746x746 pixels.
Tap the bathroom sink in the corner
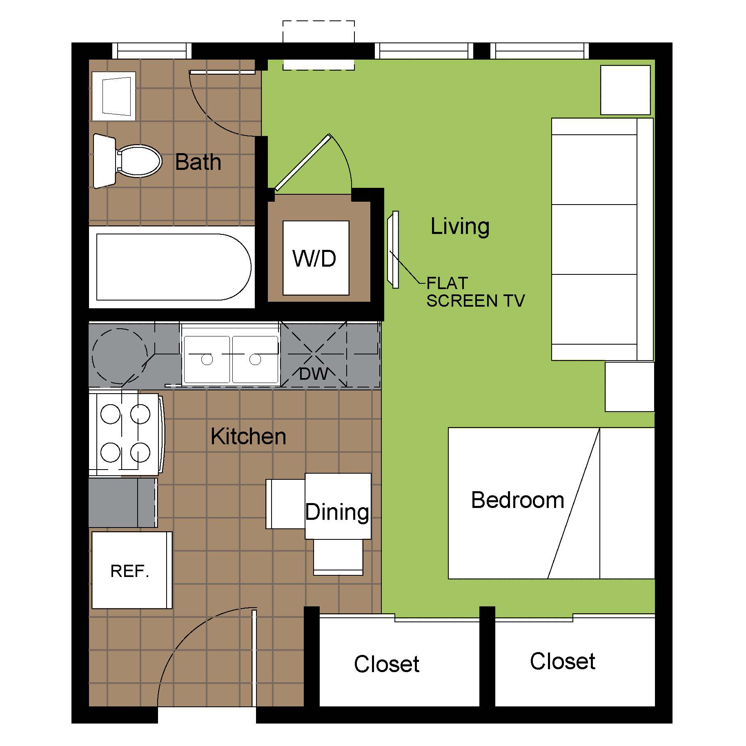click(x=114, y=96)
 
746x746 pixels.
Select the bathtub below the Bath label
click(x=174, y=267)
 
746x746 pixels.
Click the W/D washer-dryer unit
click(x=316, y=258)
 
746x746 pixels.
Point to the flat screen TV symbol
click(x=393, y=249)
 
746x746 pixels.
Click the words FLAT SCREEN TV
click(x=475, y=292)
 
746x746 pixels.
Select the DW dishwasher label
click(x=313, y=374)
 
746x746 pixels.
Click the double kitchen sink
click(x=231, y=359)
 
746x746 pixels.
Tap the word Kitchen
click(x=248, y=436)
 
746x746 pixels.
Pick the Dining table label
click(x=337, y=512)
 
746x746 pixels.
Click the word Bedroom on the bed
click(x=518, y=500)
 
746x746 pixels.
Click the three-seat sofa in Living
click(x=603, y=239)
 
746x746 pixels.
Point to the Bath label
click(x=198, y=162)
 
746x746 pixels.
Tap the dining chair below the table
click(x=338, y=557)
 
